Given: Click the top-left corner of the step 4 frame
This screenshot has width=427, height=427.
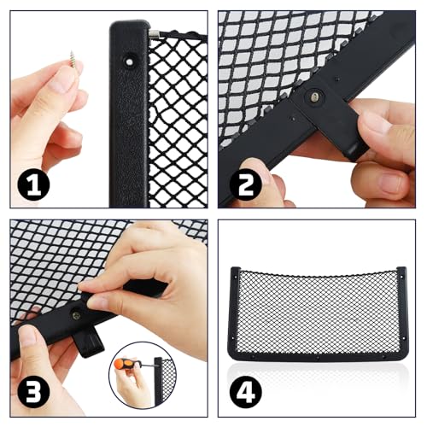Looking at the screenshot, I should coord(233,272).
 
